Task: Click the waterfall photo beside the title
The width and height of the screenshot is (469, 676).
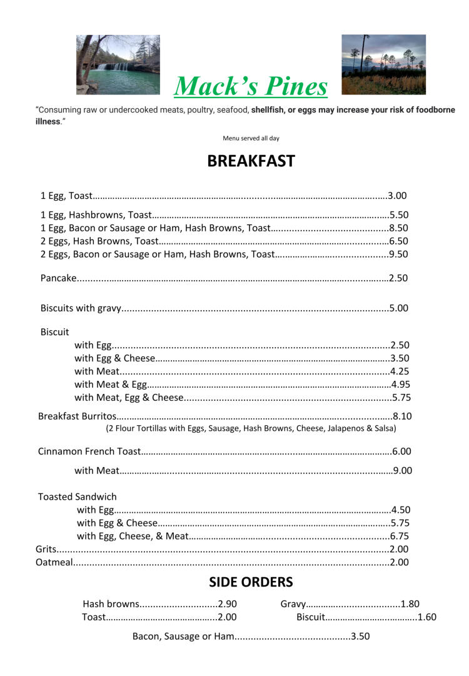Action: [x=118, y=64]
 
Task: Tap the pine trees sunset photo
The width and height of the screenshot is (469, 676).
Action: [x=383, y=64]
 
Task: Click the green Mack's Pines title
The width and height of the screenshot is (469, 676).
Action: [x=250, y=86]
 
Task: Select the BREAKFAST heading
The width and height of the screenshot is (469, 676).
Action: [x=251, y=161]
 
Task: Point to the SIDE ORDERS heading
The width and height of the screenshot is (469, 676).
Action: [x=251, y=582]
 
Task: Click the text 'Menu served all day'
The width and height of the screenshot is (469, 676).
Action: [x=251, y=138]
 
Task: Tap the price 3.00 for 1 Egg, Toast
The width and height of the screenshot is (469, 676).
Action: [x=397, y=196]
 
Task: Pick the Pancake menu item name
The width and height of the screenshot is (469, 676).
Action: [x=58, y=278]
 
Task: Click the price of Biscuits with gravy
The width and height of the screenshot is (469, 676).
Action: [x=398, y=308]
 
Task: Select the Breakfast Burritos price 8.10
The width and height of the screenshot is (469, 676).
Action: [x=402, y=416]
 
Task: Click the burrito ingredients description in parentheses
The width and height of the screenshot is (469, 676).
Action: [x=251, y=428]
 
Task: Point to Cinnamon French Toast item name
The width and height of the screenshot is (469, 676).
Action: [x=89, y=451]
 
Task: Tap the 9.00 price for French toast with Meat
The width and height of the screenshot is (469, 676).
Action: [x=403, y=470]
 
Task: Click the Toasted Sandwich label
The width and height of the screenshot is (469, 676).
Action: [x=78, y=497]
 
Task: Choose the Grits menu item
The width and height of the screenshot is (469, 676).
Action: [x=46, y=549]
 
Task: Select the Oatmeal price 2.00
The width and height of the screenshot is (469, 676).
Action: [x=399, y=562]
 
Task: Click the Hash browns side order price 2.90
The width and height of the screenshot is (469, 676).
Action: [x=228, y=604]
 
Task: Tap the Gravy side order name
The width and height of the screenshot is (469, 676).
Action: [x=293, y=604]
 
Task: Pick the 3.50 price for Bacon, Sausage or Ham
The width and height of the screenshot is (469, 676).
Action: [x=360, y=637]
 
